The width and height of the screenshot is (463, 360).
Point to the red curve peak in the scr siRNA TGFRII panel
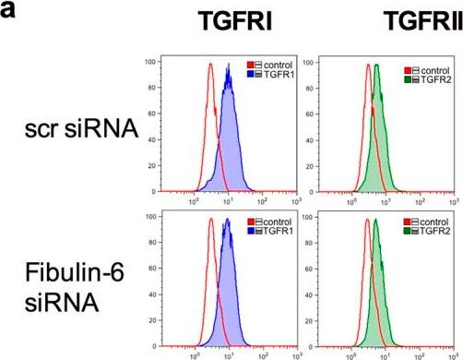click(368, 65)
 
